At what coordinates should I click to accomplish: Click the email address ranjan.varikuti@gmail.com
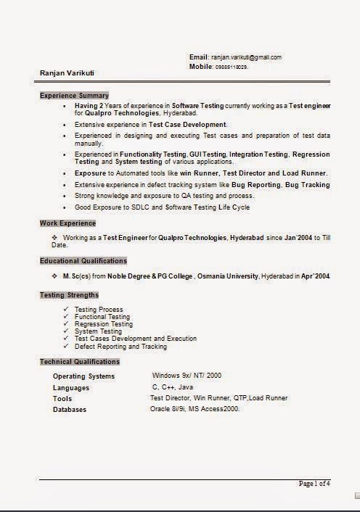pos(246,57)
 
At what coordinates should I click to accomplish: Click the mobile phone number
pos(232,66)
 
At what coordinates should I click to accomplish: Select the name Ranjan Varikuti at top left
pos(67,73)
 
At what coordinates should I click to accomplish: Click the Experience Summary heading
pos(74,95)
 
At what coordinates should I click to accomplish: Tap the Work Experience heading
pos(67,223)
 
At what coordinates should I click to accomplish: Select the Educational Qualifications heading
pos(83,260)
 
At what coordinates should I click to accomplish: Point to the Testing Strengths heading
pos(70,294)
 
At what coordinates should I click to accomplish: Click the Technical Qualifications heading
pos(80,361)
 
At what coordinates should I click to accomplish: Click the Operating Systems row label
pos(83,376)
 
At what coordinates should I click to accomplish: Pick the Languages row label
pos(71,388)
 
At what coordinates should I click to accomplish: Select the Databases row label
pos(70,410)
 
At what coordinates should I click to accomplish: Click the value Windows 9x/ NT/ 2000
pos(187,376)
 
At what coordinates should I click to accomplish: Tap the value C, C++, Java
pos(173,387)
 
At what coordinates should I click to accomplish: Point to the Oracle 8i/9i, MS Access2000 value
pos(195,409)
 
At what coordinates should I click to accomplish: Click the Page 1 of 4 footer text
pos(314,483)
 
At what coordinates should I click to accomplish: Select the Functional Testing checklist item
pos(102,317)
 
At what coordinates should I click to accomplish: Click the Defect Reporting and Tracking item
pos(120,346)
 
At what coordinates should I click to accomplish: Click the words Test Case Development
pos(187,125)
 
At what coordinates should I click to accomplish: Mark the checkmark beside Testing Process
pos(67,310)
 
